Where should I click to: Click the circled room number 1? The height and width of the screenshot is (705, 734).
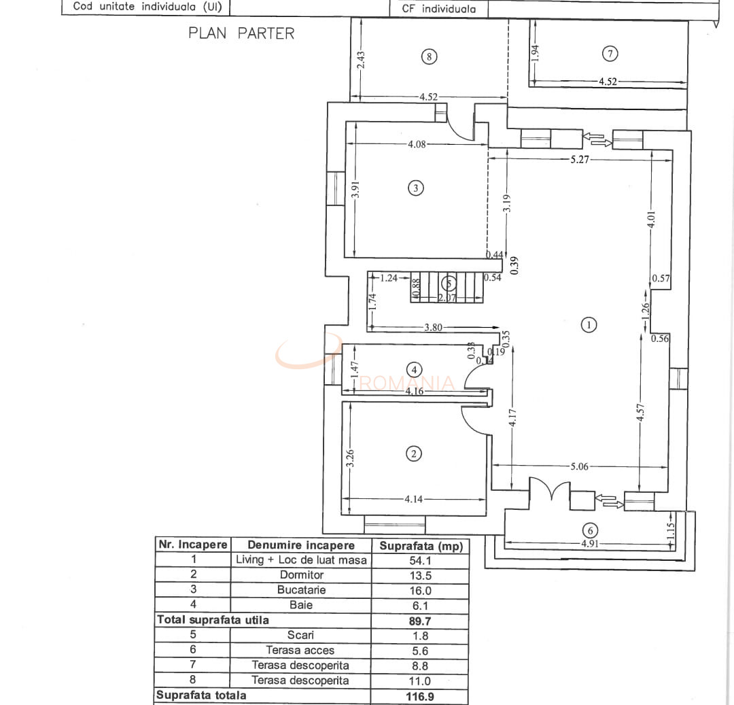point(589,325)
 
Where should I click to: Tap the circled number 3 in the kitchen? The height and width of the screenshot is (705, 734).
point(416,188)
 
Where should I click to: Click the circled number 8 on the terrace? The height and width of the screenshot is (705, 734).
point(428,56)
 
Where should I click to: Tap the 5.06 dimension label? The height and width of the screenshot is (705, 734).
point(580,467)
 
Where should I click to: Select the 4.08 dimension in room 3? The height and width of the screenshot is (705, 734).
point(417,144)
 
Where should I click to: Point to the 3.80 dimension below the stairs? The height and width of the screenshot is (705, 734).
point(433,327)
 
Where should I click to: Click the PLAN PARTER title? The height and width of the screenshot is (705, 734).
point(241,33)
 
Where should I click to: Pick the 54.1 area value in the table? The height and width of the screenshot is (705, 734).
point(419,561)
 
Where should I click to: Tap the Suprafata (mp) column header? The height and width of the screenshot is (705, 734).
point(420,545)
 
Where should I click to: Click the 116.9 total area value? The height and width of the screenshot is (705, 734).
point(419,696)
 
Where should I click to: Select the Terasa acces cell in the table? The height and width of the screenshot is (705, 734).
point(300,651)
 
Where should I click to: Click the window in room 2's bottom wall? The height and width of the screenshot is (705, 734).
point(395,524)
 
